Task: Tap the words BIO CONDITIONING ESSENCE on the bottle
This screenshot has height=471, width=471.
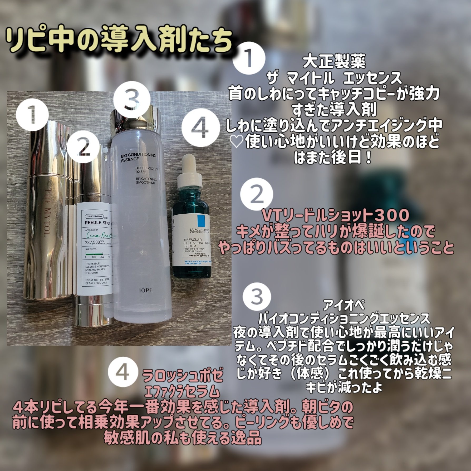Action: (x=138, y=157)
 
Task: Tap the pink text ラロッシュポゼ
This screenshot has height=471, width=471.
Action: (x=183, y=377)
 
